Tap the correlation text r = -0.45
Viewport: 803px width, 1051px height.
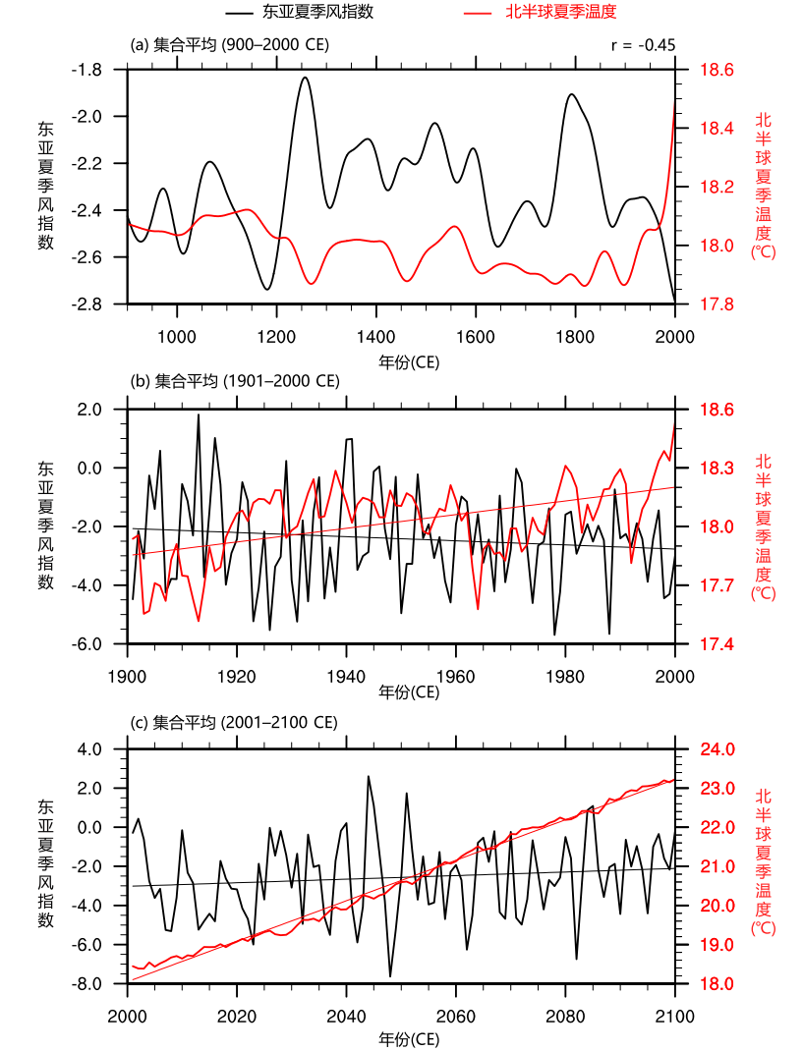(x=643, y=45)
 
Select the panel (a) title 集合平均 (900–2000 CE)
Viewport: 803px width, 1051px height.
(x=230, y=45)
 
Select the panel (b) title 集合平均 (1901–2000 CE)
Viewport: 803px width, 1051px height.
(x=235, y=381)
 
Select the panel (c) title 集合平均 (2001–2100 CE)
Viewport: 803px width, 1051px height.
(x=235, y=722)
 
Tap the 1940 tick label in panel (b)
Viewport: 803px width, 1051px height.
(x=346, y=678)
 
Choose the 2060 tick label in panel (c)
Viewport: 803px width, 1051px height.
(x=455, y=1018)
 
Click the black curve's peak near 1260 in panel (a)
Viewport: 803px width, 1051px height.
(x=305, y=77)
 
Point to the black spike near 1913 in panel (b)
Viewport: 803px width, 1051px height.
(x=198, y=415)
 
